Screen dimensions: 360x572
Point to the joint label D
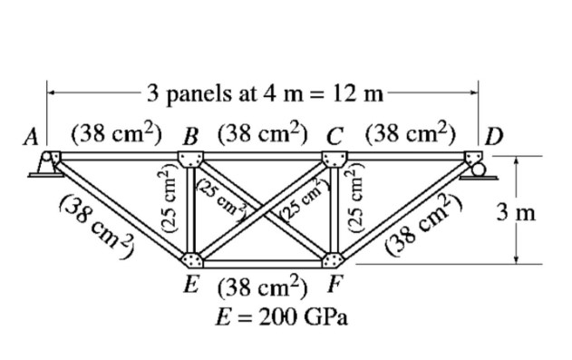click(x=495, y=137)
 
